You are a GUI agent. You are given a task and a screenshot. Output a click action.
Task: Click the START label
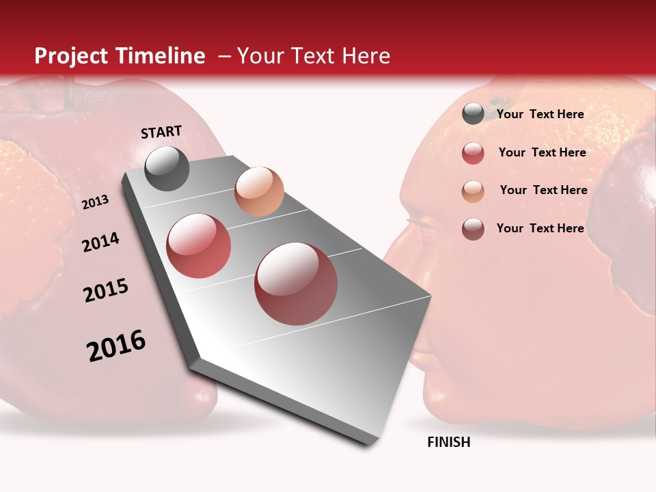(161, 132)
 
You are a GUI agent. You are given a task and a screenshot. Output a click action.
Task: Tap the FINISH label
(449, 442)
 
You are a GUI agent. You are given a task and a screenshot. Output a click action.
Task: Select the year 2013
(96, 202)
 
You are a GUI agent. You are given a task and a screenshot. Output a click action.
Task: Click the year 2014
(101, 242)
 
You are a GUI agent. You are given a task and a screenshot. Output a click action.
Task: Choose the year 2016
(116, 346)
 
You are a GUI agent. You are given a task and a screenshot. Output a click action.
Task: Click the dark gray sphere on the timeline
(167, 168)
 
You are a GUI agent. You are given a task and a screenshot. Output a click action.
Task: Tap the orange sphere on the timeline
(259, 191)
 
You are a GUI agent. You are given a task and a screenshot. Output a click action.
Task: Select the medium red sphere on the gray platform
(198, 246)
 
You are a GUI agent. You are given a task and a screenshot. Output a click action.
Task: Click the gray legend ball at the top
(473, 114)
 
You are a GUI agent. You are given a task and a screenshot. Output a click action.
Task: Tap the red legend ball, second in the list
(473, 153)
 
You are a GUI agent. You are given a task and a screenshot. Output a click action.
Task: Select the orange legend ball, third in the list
(473, 191)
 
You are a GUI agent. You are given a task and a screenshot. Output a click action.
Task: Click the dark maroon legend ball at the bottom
(473, 229)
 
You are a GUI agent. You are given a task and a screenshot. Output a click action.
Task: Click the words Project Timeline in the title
(120, 56)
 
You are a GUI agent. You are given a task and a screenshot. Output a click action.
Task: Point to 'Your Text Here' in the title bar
(313, 56)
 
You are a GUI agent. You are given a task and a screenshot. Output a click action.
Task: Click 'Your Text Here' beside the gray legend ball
(540, 114)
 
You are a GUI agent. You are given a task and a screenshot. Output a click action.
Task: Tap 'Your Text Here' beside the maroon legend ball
(540, 228)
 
